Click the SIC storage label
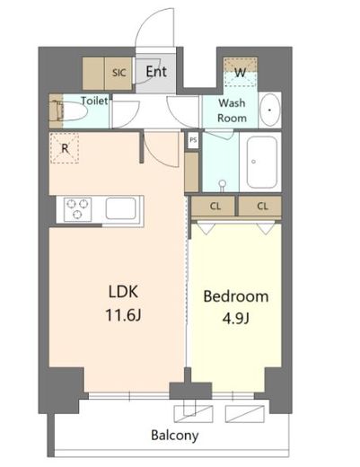(x=119, y=73)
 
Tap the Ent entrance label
(x=156, y=72)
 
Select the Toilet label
(x=94, y=101)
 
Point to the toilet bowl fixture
(x=72, y=111)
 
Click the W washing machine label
(x=240, y=73)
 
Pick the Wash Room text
(x=232, y=110)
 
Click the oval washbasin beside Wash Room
(x=269, y=110)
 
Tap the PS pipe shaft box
(x=194, y=140)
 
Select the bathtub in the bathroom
(x=262, y=162)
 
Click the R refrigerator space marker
(x=65, y=148)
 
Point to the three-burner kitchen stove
(x=78, y=209)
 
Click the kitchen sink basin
(x=120, y=208)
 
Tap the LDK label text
(x=123, y=292)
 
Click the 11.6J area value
(x=123, y=315)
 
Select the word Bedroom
(x=236, y=296)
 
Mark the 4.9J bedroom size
(x=236, y=319)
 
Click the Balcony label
(x=175, y=435)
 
